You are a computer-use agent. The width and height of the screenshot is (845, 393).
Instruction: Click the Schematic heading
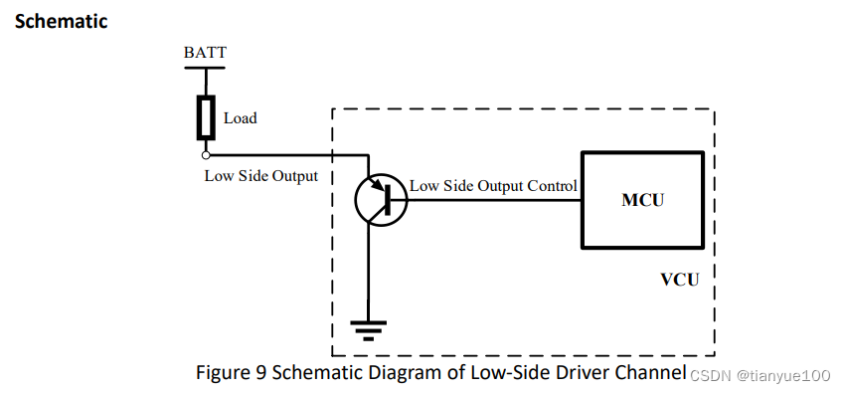pos(61,21)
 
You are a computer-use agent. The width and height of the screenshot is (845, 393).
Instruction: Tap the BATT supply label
pos(206,52)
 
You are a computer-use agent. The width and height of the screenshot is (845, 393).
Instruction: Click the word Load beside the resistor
pos(240,118)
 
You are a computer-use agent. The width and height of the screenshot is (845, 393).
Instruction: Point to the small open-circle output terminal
pos(206,155)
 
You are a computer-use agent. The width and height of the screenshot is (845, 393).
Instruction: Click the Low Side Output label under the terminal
pos(260,176)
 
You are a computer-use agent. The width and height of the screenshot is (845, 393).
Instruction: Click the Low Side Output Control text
pos(493,186)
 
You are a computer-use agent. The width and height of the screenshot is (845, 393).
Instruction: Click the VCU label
pos(680,279)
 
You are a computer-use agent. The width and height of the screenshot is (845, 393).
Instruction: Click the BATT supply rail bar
pos(206,68)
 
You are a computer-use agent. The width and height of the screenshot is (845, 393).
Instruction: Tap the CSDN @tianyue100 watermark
pos(760,375)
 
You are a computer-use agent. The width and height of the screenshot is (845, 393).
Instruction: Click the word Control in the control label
pos(551,186)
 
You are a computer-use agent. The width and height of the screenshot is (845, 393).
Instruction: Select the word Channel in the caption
pos(651,373)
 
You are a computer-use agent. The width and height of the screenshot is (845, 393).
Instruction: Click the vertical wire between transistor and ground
pos(369,269)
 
